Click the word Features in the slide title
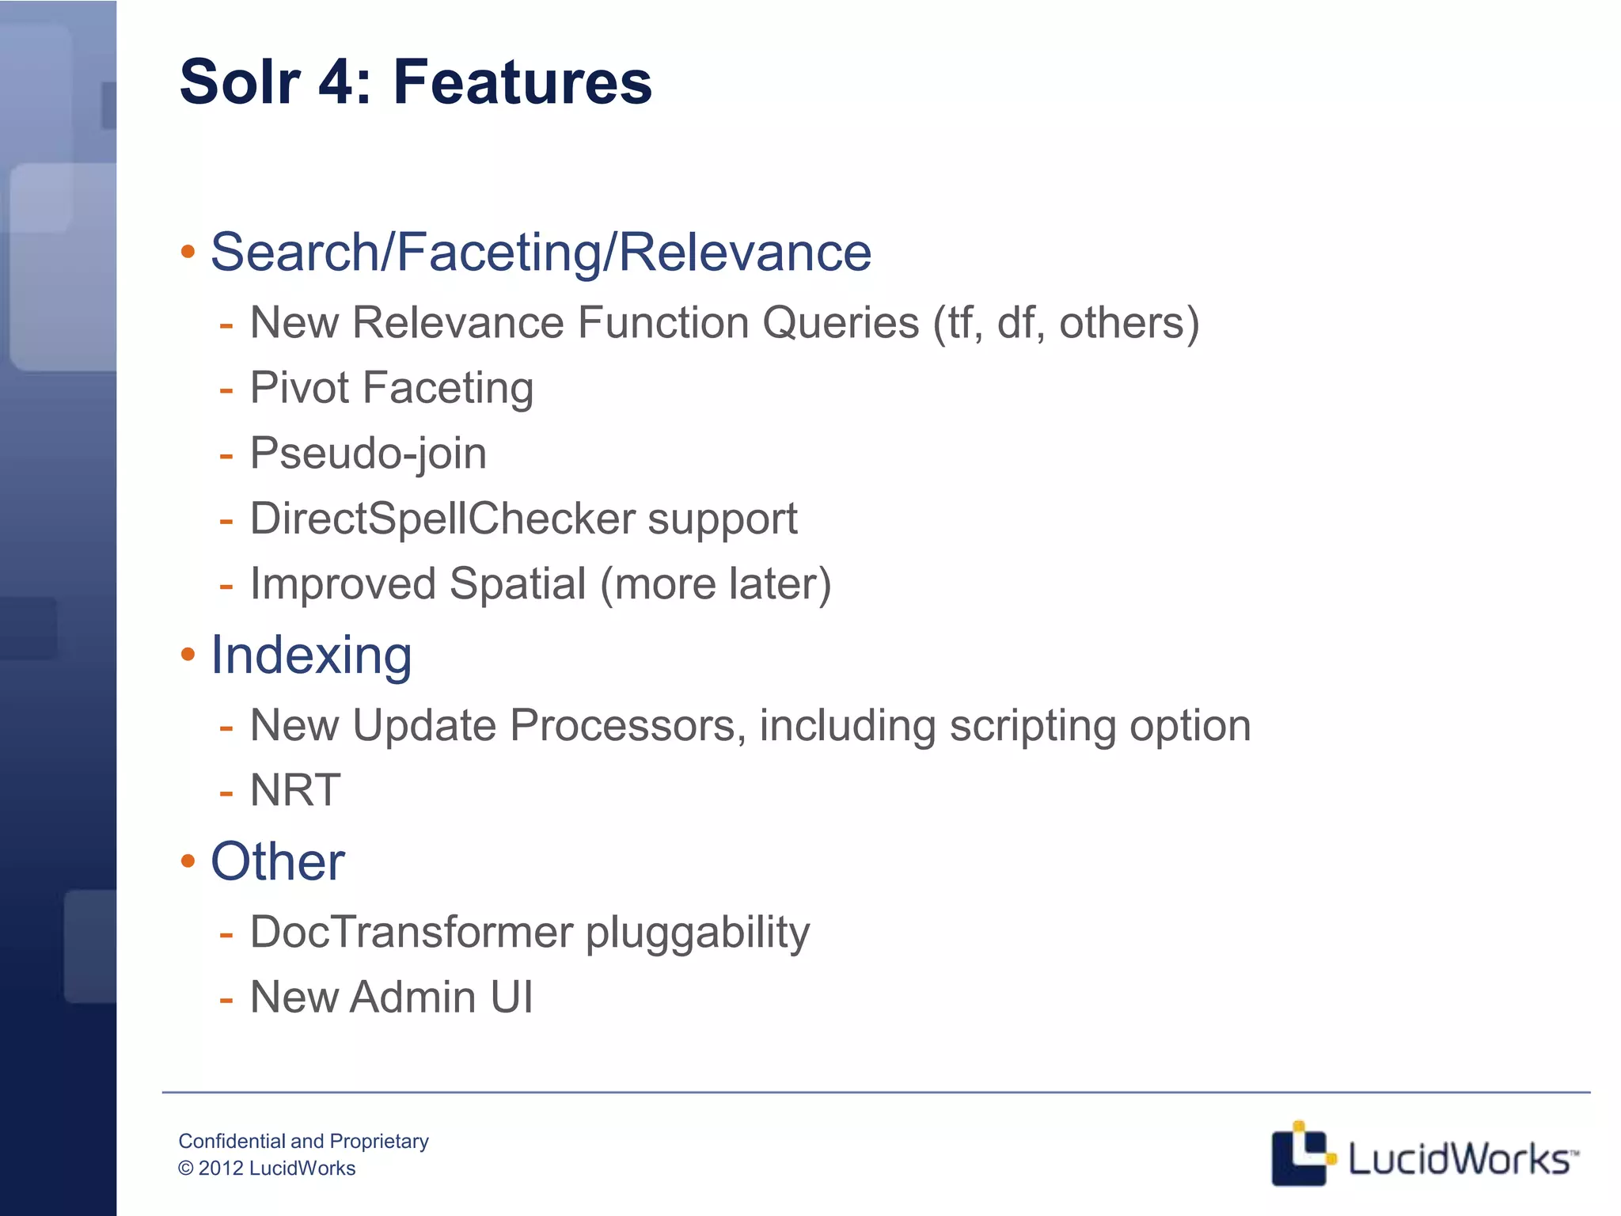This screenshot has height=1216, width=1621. click(522, 82)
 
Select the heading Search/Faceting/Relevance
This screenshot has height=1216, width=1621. click(541, 253)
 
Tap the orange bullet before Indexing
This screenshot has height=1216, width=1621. click(188, 655)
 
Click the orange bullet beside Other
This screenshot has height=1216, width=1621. click(188, 861)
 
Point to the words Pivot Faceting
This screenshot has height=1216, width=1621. click(392, 389)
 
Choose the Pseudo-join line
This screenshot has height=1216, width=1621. click(368, 454)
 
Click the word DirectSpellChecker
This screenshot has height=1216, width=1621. click(442, 519)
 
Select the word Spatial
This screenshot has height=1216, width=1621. click(518, 584)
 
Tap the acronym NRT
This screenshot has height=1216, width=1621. click(295, 790)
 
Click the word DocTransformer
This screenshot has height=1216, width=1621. click(411, 932)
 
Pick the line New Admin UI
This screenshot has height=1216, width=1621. click(391, 997)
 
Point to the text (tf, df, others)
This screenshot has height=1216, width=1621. click(1065, 323)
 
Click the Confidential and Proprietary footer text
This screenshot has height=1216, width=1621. click(303, 1141)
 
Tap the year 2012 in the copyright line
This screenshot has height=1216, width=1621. click(221, 1168)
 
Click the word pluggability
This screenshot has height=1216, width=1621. click(697, 932)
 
